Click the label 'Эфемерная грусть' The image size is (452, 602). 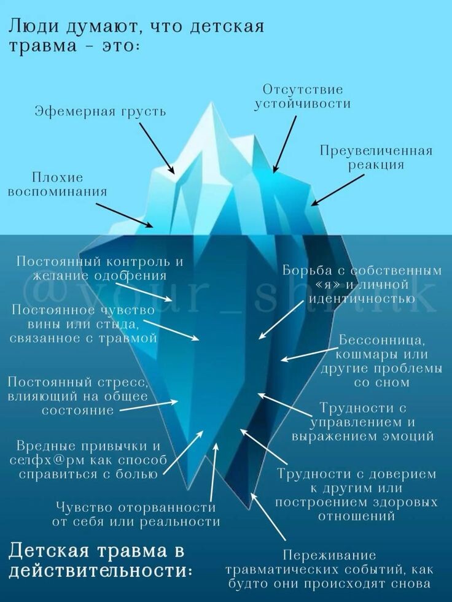(99, 112)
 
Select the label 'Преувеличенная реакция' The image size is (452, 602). (376, 158)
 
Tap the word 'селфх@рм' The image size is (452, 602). (45, 460)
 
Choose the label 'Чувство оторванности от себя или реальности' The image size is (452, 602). (136, 515)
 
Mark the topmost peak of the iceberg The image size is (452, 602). (212, 103)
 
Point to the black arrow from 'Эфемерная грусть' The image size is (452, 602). (156, 148)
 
